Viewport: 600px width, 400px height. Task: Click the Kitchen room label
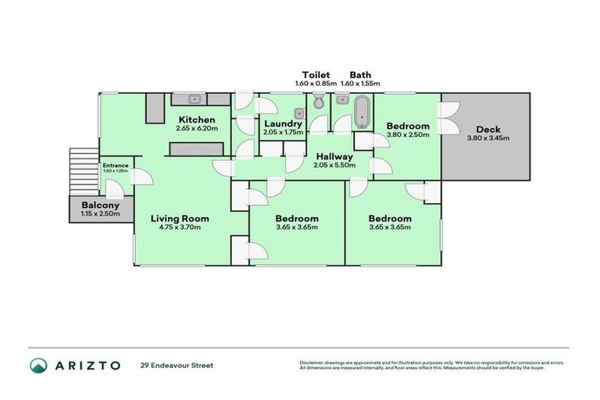click(195, 120)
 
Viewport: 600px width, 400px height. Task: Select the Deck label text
click(488, 130)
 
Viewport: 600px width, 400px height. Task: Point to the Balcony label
click(98, 204)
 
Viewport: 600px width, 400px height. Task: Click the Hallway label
click(334, 156)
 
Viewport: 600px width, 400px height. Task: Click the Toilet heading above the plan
click(316, 75)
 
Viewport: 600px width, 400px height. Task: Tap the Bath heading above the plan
click(360, 75)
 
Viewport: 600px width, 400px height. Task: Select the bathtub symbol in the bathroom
click(362, 112)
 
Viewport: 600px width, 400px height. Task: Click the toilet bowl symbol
click(318, 102)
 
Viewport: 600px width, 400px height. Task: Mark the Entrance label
click(114, 165)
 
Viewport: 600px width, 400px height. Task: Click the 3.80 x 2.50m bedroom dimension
click(408, 134)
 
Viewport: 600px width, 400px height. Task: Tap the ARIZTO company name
click(87, 365)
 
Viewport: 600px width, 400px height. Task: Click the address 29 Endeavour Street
click(177, 365)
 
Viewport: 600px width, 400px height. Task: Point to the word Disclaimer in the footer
click(314, 362)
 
